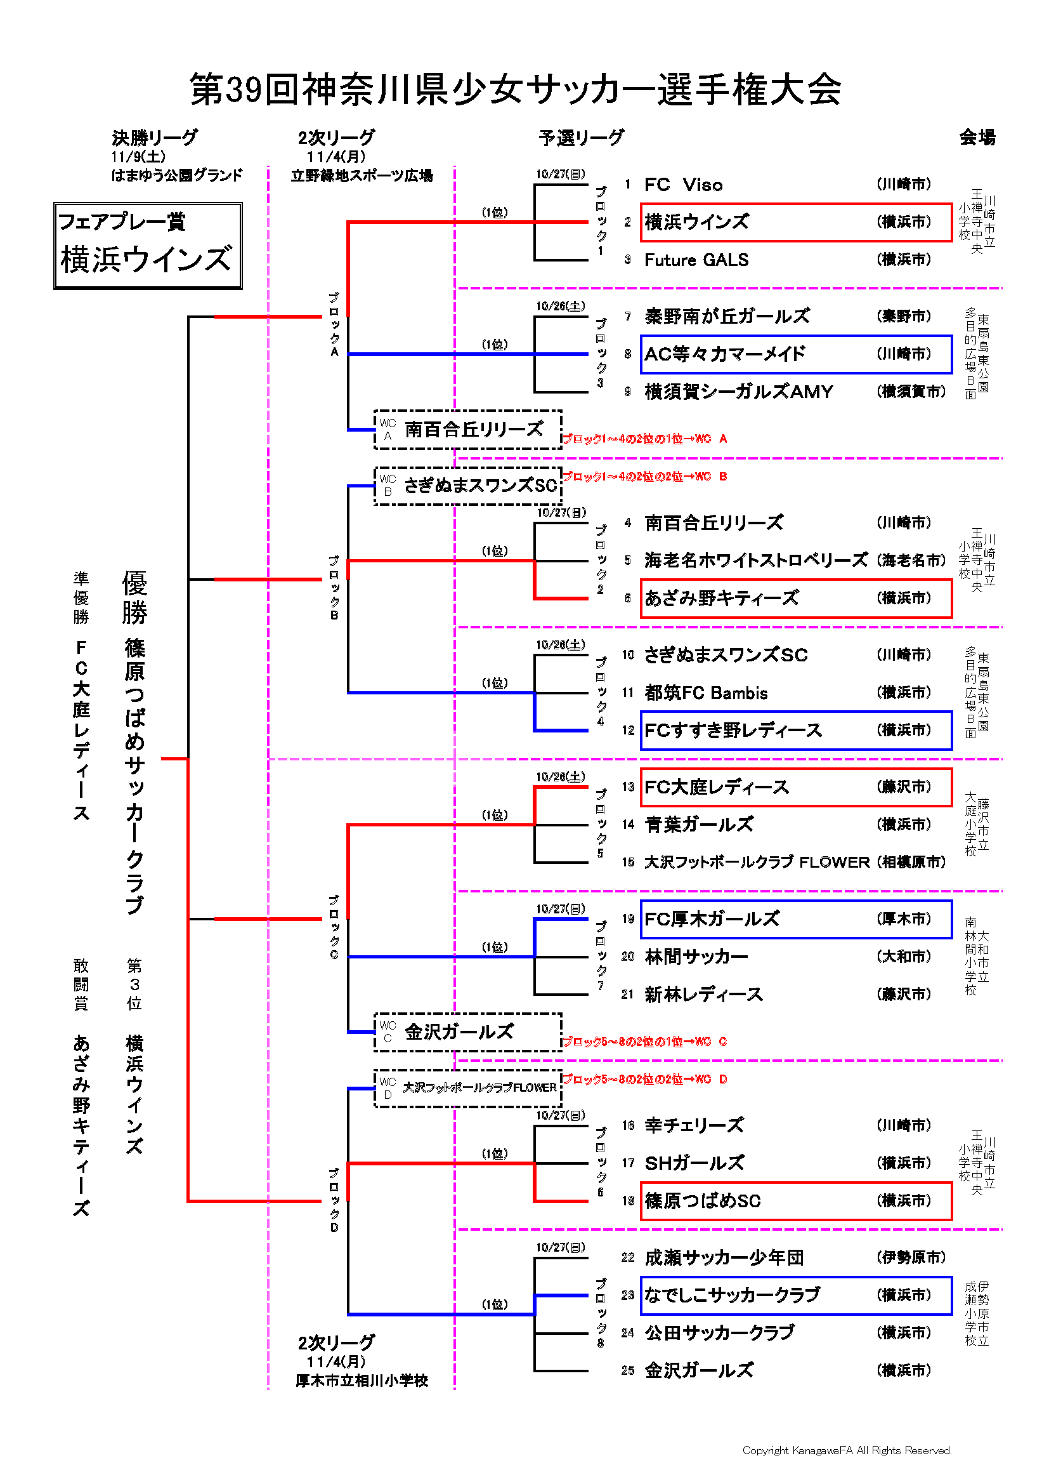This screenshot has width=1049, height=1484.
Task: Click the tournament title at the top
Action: click(515, 89)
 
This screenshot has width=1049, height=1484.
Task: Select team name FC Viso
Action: click(684, 185)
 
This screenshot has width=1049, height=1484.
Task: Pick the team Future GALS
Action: click(696, 260)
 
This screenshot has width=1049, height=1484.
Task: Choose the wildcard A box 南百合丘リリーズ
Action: click(468, 430)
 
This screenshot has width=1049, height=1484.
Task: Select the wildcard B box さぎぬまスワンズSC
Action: click(468, 486)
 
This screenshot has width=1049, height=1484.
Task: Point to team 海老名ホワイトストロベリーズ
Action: click(756, 560)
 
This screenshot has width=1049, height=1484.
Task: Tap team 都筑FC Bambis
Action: click(706, 693)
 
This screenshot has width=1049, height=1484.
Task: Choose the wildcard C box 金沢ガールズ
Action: click(468, 1032)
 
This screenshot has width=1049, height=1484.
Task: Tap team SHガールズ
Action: click(694, 1163)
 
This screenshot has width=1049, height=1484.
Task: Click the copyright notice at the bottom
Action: click(847, 1450)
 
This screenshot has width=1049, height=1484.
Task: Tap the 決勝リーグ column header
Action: click(155, 138)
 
